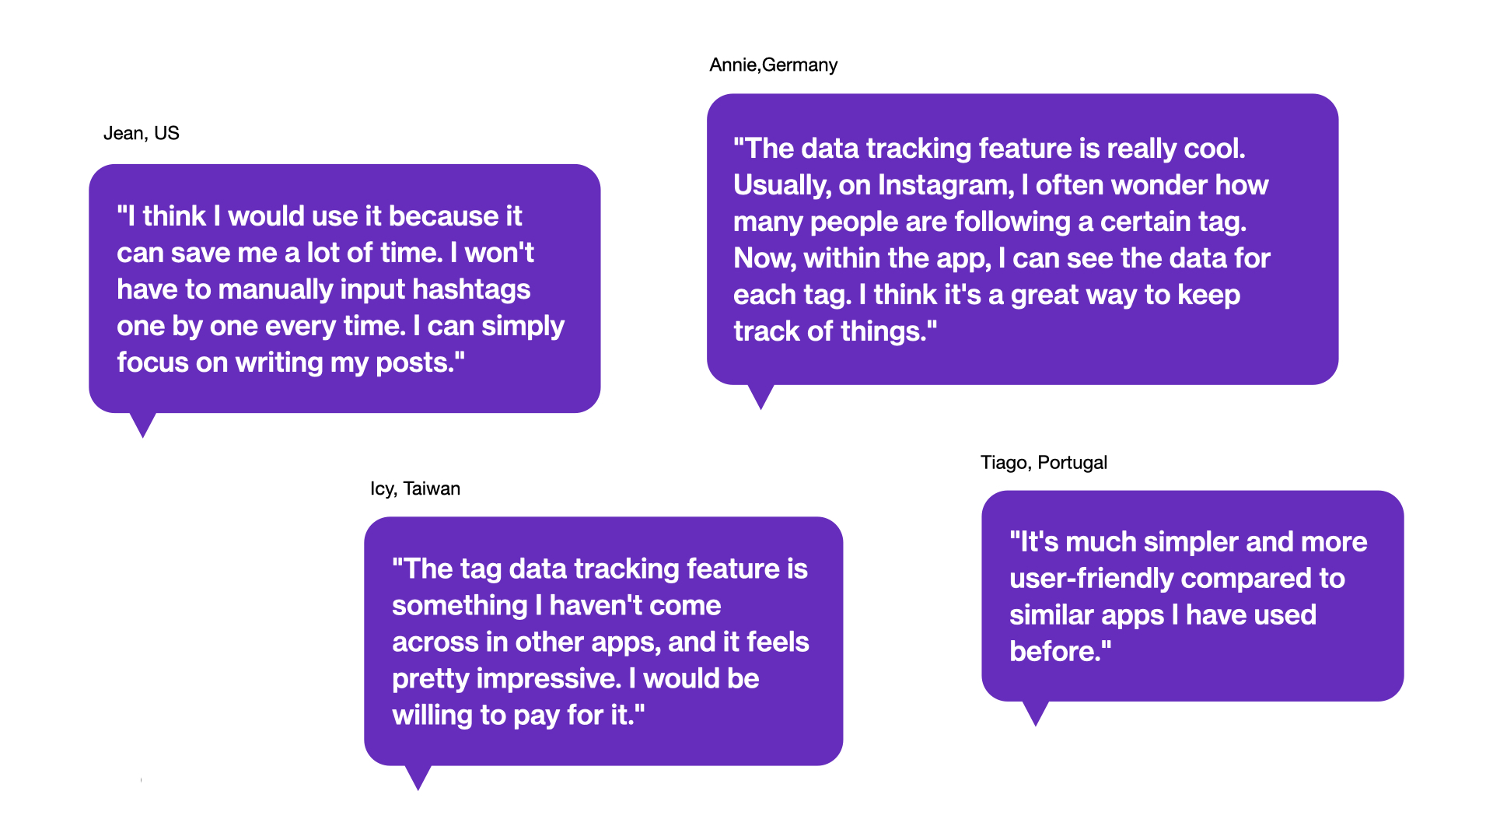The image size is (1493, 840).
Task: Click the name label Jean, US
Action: (x=142, y=133)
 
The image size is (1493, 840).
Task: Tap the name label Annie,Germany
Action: (x=774, y=65)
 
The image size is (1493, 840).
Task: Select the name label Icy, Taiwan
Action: (x=415, y=488)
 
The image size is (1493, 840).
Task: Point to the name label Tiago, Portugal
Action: (x=1044, y=462)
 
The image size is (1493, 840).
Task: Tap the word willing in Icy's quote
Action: (x=432, y=716)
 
